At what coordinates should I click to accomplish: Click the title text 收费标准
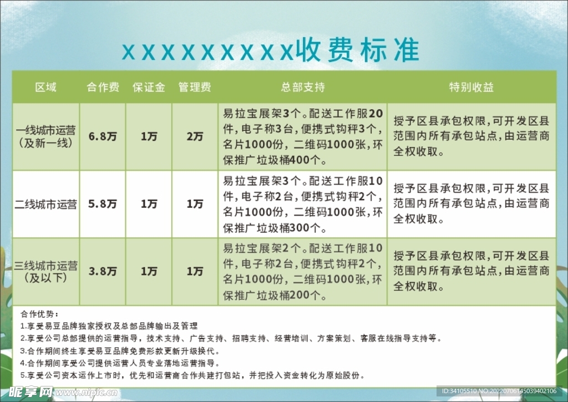tap(358, 50)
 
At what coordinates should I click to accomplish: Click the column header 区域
tap(45, 87)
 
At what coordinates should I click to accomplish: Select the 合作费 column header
tap(103, 87)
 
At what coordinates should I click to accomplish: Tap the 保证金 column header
tap(149, 87)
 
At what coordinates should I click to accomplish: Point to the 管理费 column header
tap(195, 87)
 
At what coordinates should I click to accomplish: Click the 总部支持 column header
tap(303, 87)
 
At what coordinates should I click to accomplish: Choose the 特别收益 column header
tap(471, 87)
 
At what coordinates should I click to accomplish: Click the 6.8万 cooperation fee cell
tap(103, 136)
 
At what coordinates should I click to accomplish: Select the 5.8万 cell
tap(103, 204)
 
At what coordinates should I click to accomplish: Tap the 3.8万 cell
tap(103, 271)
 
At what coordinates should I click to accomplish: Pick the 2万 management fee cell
tap(195, 136)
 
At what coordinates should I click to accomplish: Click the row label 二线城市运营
tap(46, 204)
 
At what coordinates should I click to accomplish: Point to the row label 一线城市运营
tap(46, 130)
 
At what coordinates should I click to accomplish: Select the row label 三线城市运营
tap(46, 266)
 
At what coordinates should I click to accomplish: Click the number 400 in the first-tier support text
tap(300, 160)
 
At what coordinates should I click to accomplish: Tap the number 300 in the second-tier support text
tap(300, 227)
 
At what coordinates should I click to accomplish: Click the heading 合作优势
tap(38, 314)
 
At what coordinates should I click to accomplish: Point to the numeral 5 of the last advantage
tap(22, 375)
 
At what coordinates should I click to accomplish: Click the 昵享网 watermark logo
tap(31, 392)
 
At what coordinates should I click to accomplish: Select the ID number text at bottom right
tap(499, 391)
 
